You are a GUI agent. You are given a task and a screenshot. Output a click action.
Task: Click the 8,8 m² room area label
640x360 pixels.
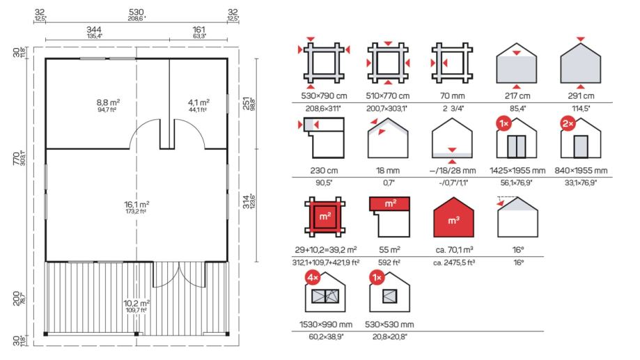[x=108, y=102]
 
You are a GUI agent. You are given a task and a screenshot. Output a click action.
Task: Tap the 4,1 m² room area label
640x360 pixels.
[x=198, y=102]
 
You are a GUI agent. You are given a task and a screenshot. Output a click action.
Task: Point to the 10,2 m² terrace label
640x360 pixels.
[x=136, y=304]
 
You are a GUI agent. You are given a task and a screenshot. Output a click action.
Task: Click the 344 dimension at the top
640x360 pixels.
[x=94, y=30]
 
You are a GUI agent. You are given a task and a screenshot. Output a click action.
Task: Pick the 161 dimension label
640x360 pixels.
[x=198, y=30]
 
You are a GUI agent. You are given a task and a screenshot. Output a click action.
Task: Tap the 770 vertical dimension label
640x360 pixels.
[x=17, y=158]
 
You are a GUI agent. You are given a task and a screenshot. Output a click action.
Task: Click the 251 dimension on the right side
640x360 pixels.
[x=246, y=104]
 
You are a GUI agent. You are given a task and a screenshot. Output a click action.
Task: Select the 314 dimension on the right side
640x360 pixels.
[x=246, y=202]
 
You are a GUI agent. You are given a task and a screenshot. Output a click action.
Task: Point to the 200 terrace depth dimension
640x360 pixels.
[x=17, y=298]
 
